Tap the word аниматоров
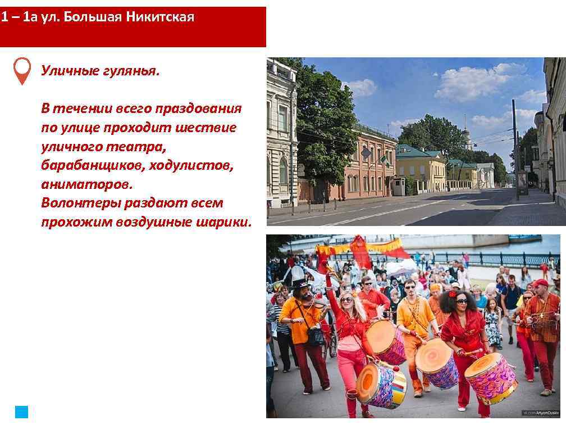tap(87, 184)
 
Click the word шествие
tap(206, 128)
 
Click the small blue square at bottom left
tap(21, 412)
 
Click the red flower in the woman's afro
tap(453, 294)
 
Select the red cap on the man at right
tap(540, 283)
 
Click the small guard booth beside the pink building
tap(398, 186)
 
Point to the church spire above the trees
tap(465, 126)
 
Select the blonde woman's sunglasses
tap(346, 299)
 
